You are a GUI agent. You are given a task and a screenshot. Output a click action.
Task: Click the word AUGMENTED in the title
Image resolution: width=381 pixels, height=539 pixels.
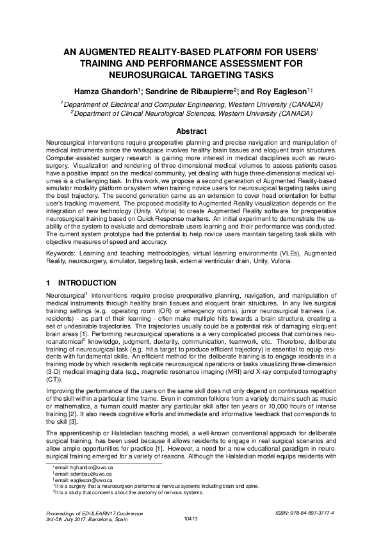click(109, 52)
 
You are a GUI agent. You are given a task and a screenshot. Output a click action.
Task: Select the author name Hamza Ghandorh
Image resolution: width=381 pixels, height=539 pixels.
click(111, 92)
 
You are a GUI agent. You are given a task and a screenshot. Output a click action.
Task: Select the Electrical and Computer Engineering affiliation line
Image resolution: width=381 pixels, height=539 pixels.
click(191, 103)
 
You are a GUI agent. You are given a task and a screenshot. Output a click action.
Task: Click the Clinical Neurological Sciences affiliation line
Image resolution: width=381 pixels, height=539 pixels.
click(191, 113)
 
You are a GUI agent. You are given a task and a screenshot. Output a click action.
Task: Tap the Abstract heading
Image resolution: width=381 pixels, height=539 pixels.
click(190, 131)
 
